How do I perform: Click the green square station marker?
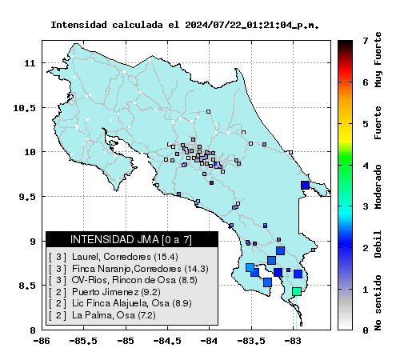(x=297, y=291)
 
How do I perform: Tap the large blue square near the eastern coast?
(x=305, y=185)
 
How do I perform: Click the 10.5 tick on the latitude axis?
(x=24, y=108)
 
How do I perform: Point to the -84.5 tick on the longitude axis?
(x=167, y=341)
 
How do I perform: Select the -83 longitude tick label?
(x=293, y=341)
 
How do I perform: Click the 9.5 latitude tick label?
(x=27, y=197)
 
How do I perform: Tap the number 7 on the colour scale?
(x=366, y=41)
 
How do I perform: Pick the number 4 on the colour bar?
(x=366, y=166)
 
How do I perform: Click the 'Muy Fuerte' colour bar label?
(x=378, y=60)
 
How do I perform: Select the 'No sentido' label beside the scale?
(x=378, y=303)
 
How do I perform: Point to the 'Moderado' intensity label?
(x=378, y=186)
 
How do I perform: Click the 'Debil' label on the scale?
(x=378, y=244)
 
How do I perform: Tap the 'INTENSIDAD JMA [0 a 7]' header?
(x=131, y=239)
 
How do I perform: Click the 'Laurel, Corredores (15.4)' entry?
(x=125, y=257)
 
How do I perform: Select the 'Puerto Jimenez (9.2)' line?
(x=116, y=292)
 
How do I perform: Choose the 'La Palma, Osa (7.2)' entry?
(x=114, y=315)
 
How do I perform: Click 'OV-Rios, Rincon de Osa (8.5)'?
(x=134, y=280)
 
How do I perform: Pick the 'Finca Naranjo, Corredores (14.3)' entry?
(x=140, y=269)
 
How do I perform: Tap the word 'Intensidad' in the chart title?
(x=78, y=25)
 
